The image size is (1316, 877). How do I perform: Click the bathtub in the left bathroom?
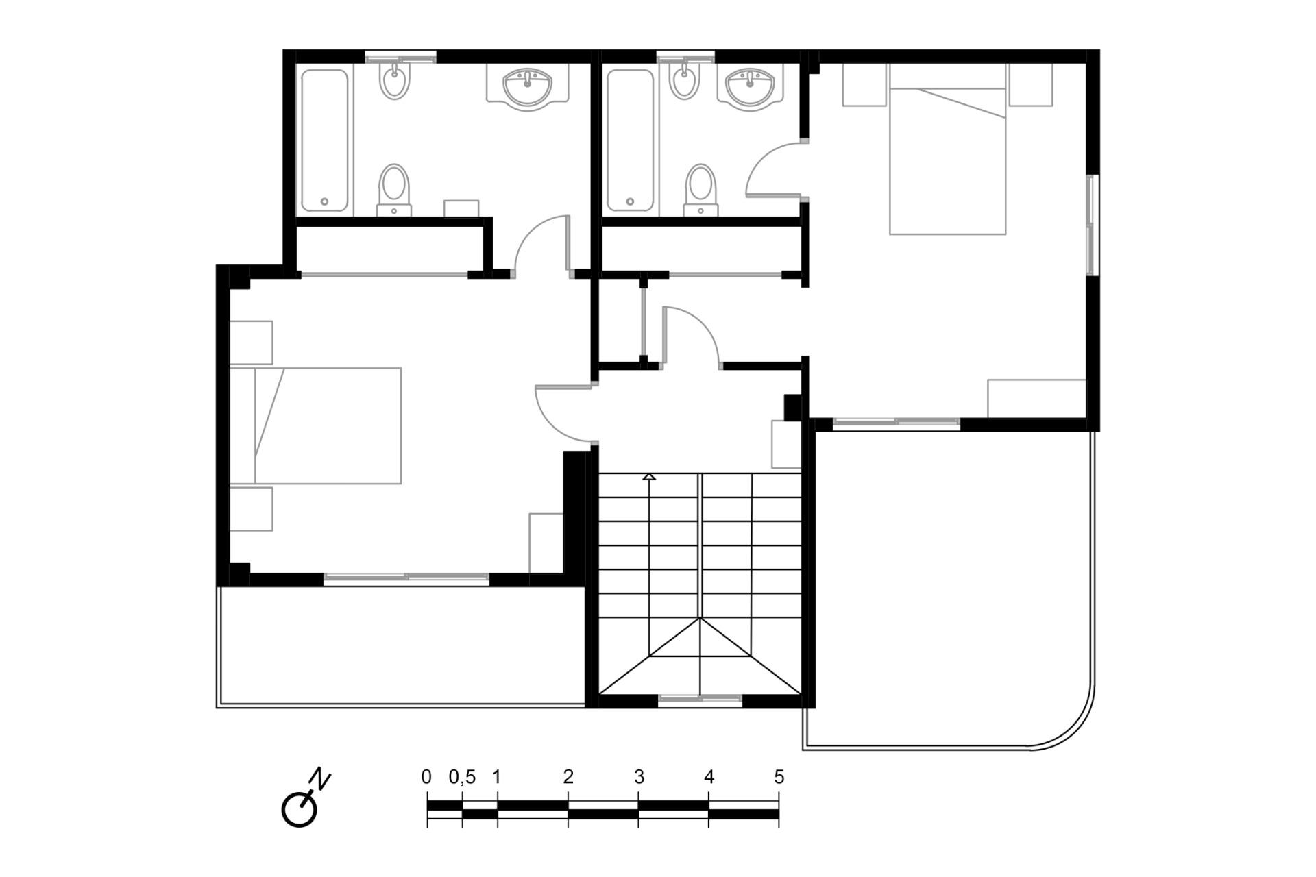tap(325, 140)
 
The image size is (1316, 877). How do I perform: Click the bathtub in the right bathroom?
tap(630, 140)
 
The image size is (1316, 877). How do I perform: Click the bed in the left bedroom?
tap(315, 425)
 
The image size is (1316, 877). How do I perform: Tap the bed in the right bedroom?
tap(947, 149)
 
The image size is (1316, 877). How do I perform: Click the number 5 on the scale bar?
tap(779, 777)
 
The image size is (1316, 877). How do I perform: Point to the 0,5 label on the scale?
tap(462, 777)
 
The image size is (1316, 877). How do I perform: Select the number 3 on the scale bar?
tap(639, 777)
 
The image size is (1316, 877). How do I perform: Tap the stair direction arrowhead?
tap(649, 476)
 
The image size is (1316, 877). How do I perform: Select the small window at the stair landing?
tap(700, 700)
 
